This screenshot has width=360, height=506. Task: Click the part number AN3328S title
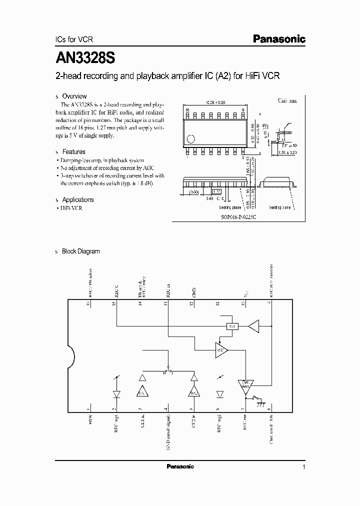tap(85, 57)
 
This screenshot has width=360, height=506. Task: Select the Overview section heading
tap(74, 96)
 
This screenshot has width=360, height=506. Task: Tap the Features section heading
tap(73, 151)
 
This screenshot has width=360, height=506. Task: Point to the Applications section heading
tap(77, 199)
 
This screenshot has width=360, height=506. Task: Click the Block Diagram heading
tap(80, 251)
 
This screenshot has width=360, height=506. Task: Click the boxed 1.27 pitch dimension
tap(216, 191)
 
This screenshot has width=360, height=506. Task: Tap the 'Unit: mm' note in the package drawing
tap(287, 100)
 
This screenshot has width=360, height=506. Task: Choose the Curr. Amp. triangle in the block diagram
tap(245, 385)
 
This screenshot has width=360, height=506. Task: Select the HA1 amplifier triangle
tap(142, 392)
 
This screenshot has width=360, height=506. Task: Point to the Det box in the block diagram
tap(231, 326)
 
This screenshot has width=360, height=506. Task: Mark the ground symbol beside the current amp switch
tap(260, 405)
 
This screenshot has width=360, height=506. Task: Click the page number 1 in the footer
tap(304, 467)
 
